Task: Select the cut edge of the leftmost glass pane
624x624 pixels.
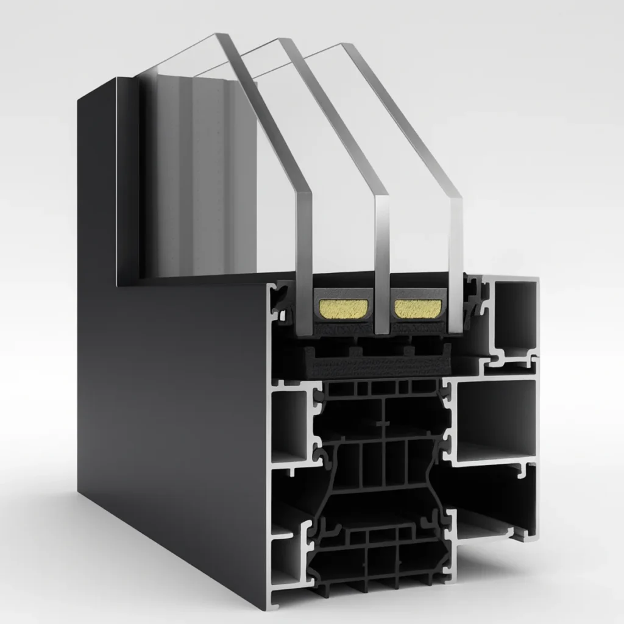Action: tap(303, 244)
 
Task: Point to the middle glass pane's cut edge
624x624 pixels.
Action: tap(381, 256)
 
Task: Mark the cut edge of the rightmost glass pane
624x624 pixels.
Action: tap(455, 256)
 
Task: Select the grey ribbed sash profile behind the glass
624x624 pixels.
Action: tap(195, 183)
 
